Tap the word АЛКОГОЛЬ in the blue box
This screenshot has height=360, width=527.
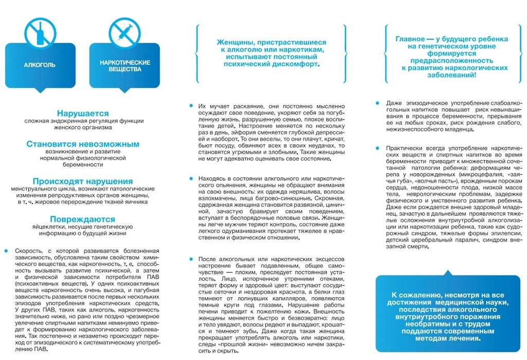pos(40,65)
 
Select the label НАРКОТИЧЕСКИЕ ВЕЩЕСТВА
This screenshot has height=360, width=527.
pos(125,65)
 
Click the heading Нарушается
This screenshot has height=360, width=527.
pos(83,113)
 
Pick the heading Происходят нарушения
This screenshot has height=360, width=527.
pos(83,181)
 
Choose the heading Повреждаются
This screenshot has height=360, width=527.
pos(83,219)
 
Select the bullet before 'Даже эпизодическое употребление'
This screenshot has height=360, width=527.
pos(378,103)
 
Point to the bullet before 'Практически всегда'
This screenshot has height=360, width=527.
pos(378,148)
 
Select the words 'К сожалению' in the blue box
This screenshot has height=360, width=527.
pos(413,295)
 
